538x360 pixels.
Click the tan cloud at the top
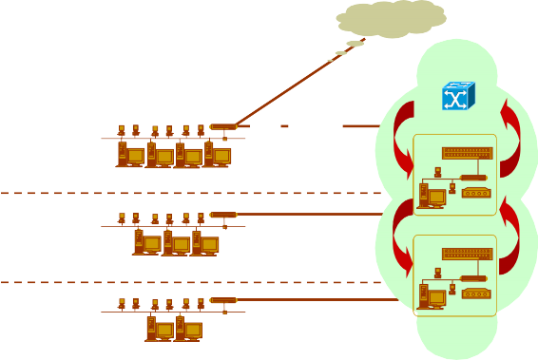(x=392, y=18)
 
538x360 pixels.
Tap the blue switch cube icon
(x=457, y=96)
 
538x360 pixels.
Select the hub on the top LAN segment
(x=222, y=126)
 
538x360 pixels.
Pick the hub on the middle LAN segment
(x=222, y=215)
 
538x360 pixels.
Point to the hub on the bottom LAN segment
(x=222, y=300)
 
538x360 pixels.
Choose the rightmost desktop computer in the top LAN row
(x=216, y=154)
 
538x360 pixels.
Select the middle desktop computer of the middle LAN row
(x=175, y=243)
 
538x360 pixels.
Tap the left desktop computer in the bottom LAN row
(x=158, y=329)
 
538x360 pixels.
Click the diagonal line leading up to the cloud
(x=285, y=83)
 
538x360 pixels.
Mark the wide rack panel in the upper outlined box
(x=467, y=152)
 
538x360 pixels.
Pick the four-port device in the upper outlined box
(x=475, y=193)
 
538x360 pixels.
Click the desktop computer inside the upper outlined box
(x=432, y=195)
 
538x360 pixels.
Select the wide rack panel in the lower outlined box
(x=467, y=254)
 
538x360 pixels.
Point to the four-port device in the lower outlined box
(x=475, y=294)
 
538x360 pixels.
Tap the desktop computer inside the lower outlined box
(x=432, y=295)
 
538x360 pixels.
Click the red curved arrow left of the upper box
(x=403, y=138)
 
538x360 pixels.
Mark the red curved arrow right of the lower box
(x=509, y=237)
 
